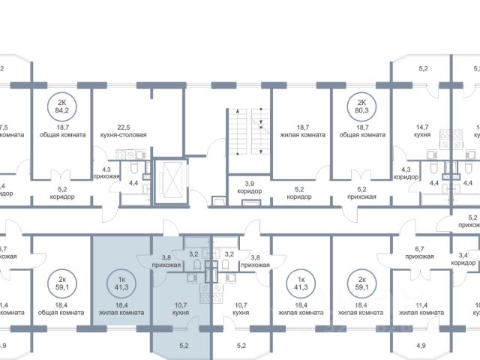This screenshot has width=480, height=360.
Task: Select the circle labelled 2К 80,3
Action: (x=361, y=109)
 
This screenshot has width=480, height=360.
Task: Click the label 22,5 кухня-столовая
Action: (x=121, y=132)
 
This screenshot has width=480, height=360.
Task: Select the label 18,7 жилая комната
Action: (x=301, y=132)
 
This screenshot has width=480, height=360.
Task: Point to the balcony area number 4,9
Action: (x=420, y=346)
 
